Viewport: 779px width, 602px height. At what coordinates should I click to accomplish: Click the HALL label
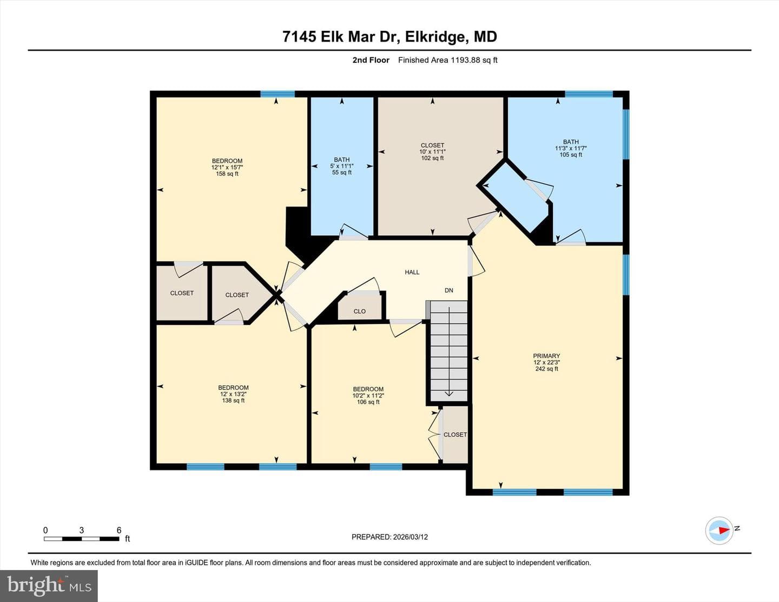412,273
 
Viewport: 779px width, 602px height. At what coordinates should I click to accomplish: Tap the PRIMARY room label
546,356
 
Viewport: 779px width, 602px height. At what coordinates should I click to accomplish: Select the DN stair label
449,290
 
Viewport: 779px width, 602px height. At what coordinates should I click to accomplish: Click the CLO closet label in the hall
360,312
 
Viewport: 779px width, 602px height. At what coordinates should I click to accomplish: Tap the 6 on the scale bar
119,530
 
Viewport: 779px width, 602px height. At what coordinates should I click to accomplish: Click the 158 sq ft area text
227,174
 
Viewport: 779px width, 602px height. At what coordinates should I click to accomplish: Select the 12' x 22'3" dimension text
546,362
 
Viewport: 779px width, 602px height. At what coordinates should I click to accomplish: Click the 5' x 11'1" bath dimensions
342,166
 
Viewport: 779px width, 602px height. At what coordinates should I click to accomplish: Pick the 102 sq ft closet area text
432,158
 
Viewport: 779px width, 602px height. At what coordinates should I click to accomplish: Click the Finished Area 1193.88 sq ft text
448,60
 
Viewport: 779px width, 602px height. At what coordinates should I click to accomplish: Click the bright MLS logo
49,586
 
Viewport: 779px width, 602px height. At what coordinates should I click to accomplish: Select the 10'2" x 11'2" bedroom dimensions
368,395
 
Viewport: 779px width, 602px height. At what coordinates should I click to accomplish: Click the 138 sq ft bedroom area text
233,400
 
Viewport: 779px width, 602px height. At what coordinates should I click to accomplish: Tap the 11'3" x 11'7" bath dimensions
571,148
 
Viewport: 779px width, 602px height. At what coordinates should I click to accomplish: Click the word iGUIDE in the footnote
197,563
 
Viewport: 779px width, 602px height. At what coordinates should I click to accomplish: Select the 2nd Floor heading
371,60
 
